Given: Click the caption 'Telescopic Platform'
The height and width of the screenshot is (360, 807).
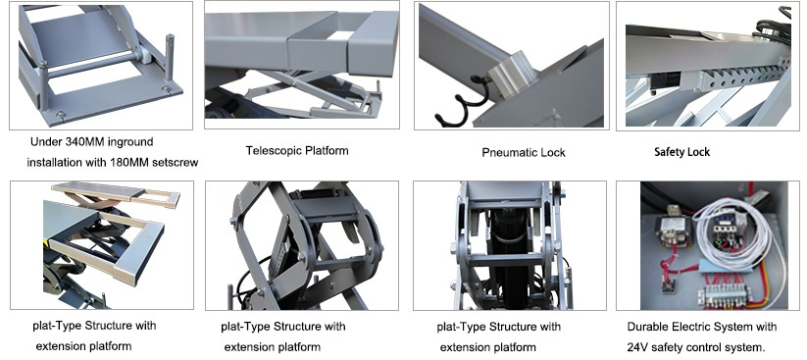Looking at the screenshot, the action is [x=297, y=151].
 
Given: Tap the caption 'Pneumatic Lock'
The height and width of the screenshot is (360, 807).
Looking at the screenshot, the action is [x=524, y=152].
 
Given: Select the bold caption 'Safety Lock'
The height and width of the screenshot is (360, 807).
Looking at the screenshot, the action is [x=681, y=152].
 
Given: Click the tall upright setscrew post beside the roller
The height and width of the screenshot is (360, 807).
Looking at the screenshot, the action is [x=170, y=59].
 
